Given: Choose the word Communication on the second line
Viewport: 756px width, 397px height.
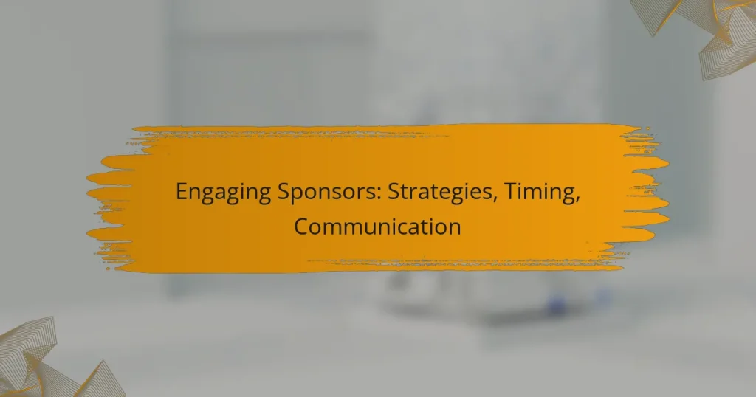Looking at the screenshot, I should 377,226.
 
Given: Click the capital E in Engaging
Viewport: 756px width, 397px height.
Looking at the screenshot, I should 182,193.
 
